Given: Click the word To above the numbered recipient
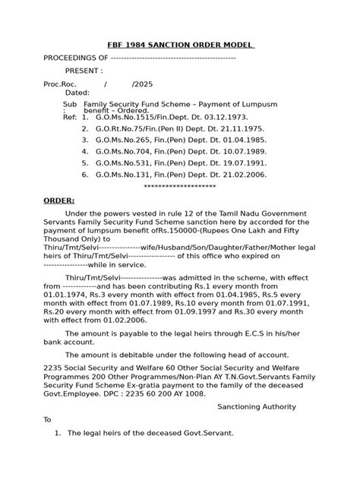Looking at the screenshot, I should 47,418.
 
